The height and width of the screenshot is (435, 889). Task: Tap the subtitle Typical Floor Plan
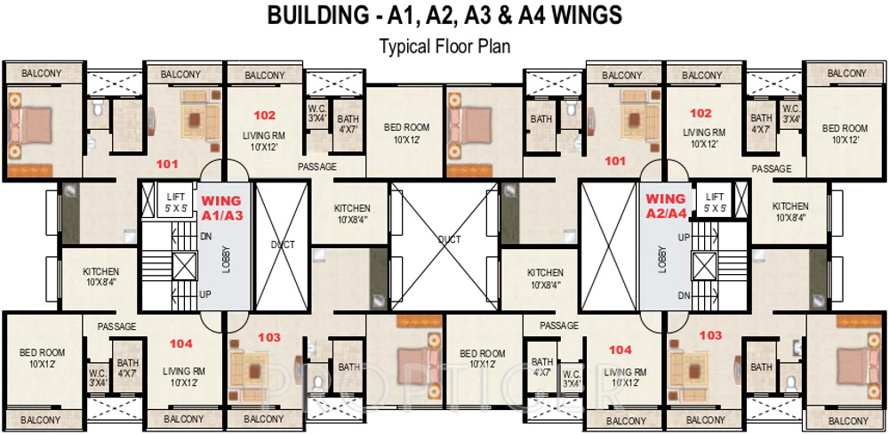pos(444,45)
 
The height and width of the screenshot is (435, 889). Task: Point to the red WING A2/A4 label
pos(665,205)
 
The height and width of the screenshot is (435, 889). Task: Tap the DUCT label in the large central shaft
pos(449,238)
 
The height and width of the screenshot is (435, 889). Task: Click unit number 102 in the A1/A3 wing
pos(264,115)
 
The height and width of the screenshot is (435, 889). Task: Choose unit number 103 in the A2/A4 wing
pos(710,335)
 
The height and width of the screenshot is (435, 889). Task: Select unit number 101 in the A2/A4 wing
pos(614,161)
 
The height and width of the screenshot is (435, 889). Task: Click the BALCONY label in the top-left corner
pos(41,73)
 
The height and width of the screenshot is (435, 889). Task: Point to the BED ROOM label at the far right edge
pos(845,133)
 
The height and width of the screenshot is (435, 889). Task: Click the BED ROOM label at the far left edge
pos(42,358)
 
